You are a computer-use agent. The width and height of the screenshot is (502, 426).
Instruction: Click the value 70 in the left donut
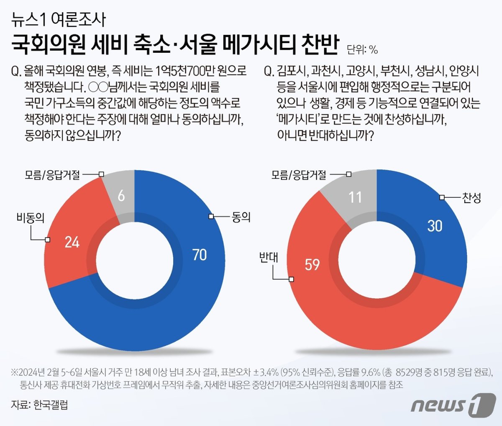[200, 255]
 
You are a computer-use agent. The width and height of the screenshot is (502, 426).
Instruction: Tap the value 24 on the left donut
[72, 242]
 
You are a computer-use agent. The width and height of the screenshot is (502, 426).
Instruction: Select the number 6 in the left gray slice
[121, 196]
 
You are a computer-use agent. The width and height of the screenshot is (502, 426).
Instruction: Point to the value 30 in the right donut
[435, 226]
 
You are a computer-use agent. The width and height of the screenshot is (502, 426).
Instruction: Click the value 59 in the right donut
[312, 265]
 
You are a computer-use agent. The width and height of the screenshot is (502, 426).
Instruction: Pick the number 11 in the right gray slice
[355, 197]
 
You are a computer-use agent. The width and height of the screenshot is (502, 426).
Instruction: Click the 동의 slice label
[241, 217]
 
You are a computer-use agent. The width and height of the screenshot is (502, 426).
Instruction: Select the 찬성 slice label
[471, 197]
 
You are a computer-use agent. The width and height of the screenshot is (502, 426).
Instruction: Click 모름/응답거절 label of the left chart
[52, 174]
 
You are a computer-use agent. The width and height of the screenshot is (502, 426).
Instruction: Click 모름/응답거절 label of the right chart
[299, 174]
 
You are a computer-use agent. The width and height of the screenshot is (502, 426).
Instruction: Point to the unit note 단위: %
[362, 50]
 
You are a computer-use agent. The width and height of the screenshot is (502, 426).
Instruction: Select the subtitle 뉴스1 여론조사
[58, 20]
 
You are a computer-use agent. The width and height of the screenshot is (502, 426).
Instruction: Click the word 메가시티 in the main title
[259, 45]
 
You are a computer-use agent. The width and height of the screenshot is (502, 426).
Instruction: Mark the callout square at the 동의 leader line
[211, 216]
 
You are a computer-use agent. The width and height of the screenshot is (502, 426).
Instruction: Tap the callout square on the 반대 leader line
[292, 279]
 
